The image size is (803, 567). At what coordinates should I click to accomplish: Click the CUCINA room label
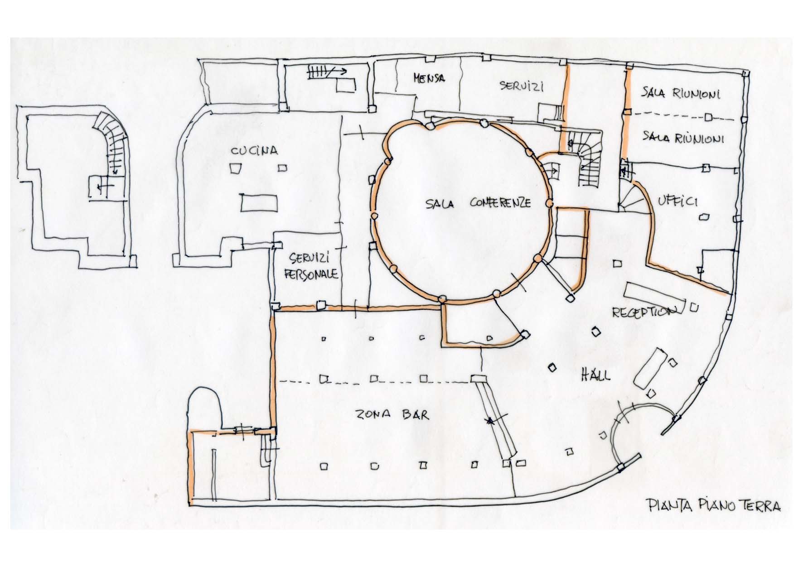[254, 151]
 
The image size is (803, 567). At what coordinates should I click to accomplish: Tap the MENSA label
[429, 78]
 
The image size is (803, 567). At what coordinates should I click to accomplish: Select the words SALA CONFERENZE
[478, 203]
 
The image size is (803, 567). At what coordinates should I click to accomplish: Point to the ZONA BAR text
[392, 415]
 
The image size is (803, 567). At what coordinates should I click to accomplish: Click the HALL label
[595, 375]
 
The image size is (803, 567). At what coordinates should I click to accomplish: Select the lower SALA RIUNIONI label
[683, 138]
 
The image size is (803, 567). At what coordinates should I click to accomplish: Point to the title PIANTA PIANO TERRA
[713, 505]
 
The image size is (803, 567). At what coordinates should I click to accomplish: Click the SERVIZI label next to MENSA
[521, 86]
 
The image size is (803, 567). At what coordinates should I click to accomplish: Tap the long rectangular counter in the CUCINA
[259, 203]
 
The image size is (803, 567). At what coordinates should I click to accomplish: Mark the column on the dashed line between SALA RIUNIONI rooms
[709, 118]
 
